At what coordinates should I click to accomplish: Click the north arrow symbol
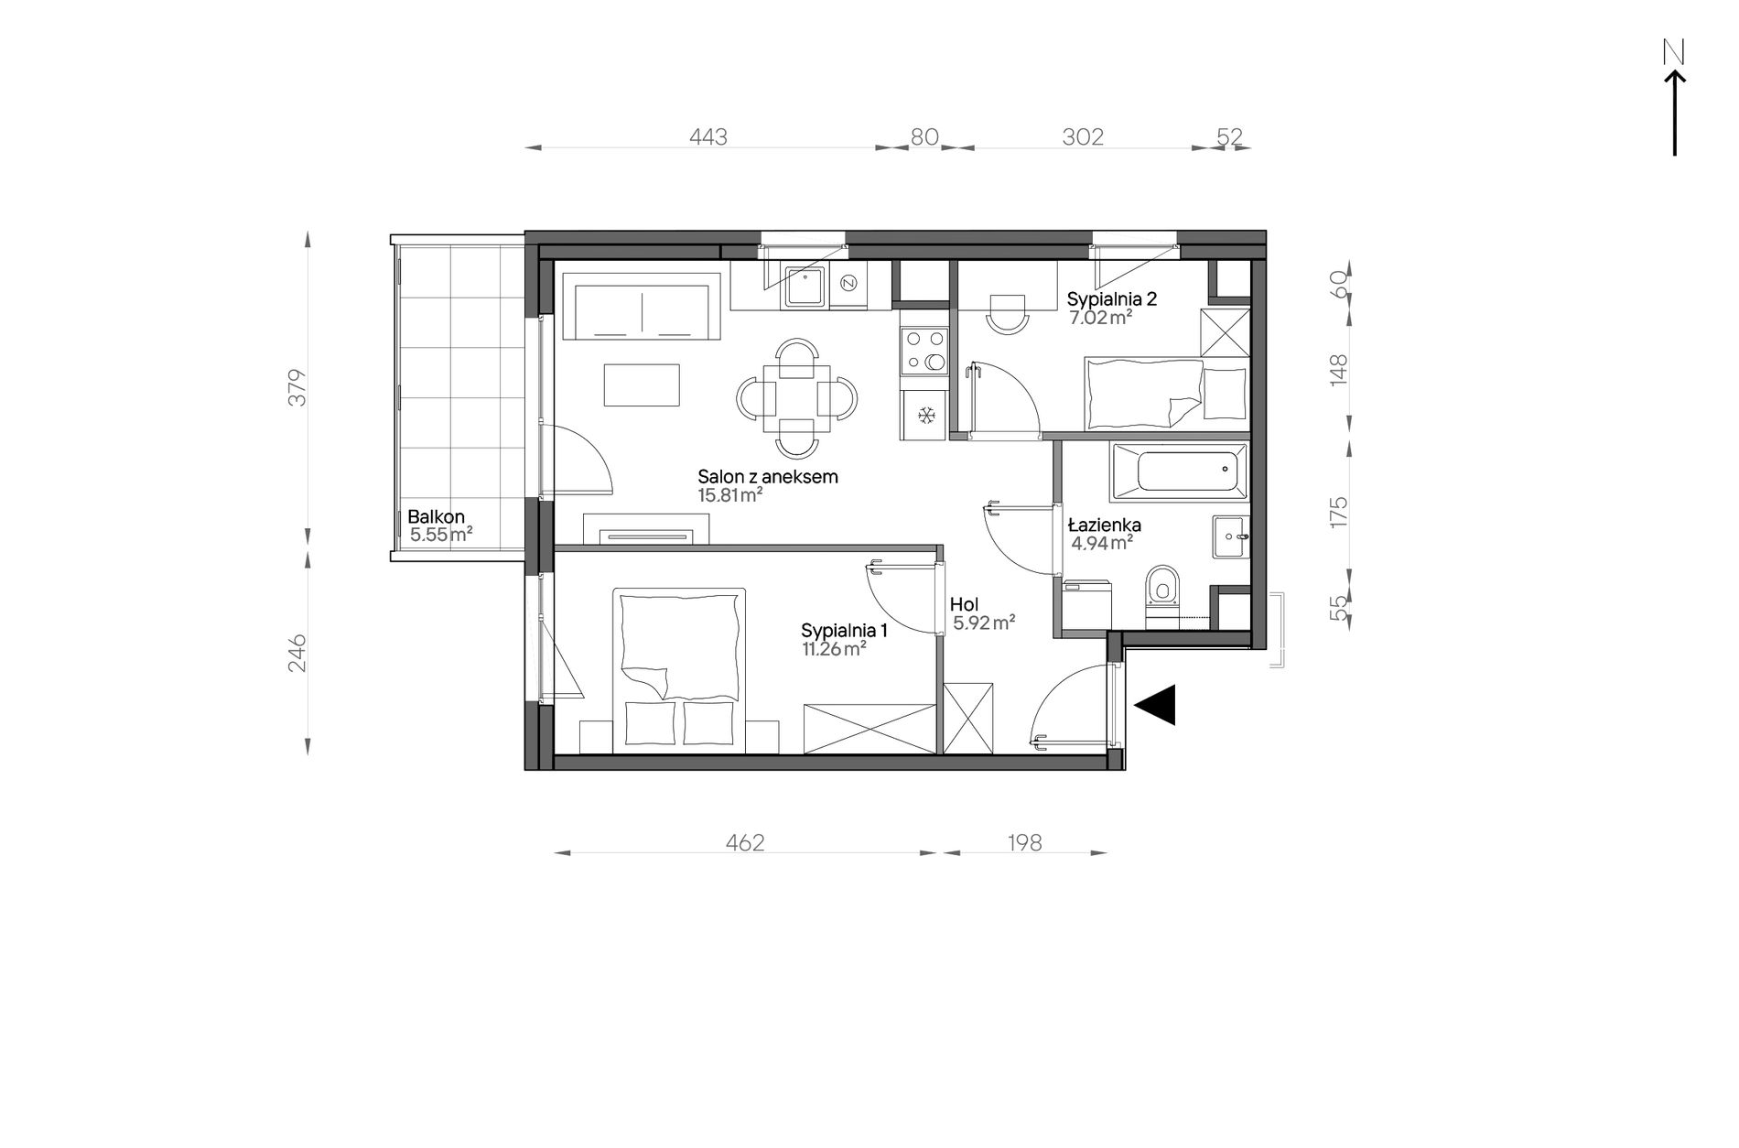(x=1674, y=110)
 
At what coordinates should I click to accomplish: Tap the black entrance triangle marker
(x=1155, y=705)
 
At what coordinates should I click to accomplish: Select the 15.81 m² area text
(x=730, y=495)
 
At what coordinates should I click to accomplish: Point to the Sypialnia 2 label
(x=1113, y=298)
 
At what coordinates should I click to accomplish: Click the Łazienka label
(x=1104, y=525)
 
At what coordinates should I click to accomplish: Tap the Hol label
(x=964, y=605)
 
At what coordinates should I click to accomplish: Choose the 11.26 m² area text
(x=833, y=649)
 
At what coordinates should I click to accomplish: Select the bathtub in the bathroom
(x=1180, y=472)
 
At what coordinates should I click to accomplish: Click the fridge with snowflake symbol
(x=924, y=416)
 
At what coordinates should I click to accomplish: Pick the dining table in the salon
(x=798, y=396)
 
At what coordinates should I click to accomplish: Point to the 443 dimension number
(x=708, y=137)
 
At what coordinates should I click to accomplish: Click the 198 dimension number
(x=1024, y=842)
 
